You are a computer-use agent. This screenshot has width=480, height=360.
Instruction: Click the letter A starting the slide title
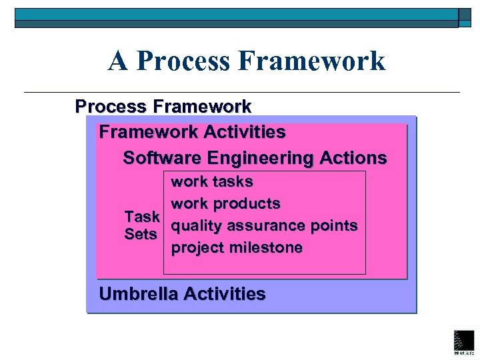(118, 61)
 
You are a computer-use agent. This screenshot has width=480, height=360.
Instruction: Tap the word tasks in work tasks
(232, 181)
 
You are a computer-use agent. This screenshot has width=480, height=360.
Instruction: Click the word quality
(197, 225)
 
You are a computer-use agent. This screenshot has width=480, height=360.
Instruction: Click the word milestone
(267, 248)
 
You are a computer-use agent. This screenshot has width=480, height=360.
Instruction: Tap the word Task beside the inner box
(142, 217)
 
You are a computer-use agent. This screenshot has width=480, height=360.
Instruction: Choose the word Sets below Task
(141, 235)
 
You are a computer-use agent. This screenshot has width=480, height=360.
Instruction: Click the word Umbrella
(138, 293)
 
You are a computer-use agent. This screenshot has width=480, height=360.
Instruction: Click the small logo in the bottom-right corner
(463, 341)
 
